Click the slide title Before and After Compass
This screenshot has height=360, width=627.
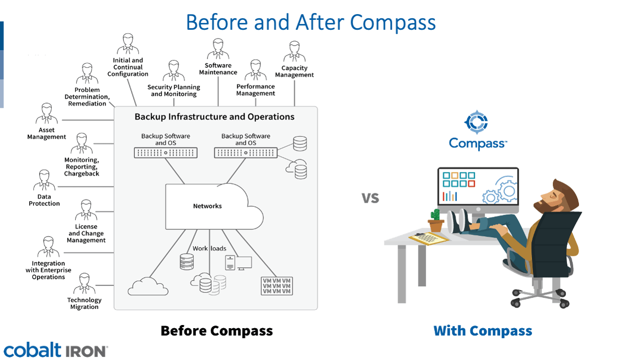[x=310, y=23]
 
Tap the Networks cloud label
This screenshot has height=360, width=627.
[x=207, y=206]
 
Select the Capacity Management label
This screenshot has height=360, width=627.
[x=294, y=72]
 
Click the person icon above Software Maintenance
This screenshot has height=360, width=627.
[x=218, y=50]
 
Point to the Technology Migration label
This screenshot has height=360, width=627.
[x=84, y=304]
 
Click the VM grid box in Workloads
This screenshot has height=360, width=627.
[x=276, y=286]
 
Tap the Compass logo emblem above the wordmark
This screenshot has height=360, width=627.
[x=476, y=122]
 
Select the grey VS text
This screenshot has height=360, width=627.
[x=370, y=198]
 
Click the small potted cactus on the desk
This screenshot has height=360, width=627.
[x=436, y=220]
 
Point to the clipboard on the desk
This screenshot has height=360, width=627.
[x=428, y=238]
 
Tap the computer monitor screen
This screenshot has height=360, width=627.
[x=478, y=187]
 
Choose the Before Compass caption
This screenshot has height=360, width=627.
[x=216, y=331]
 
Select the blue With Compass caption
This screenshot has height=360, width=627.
[x=483, y=331]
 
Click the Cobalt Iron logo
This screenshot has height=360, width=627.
[x=55, y=351]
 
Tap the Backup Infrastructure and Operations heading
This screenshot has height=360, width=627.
[x=215, y=117]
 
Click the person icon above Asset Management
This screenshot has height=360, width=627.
[x=47, y=114]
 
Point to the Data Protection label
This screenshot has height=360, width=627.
[x=44, y=200]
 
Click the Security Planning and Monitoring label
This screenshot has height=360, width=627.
[x=173, y=90]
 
